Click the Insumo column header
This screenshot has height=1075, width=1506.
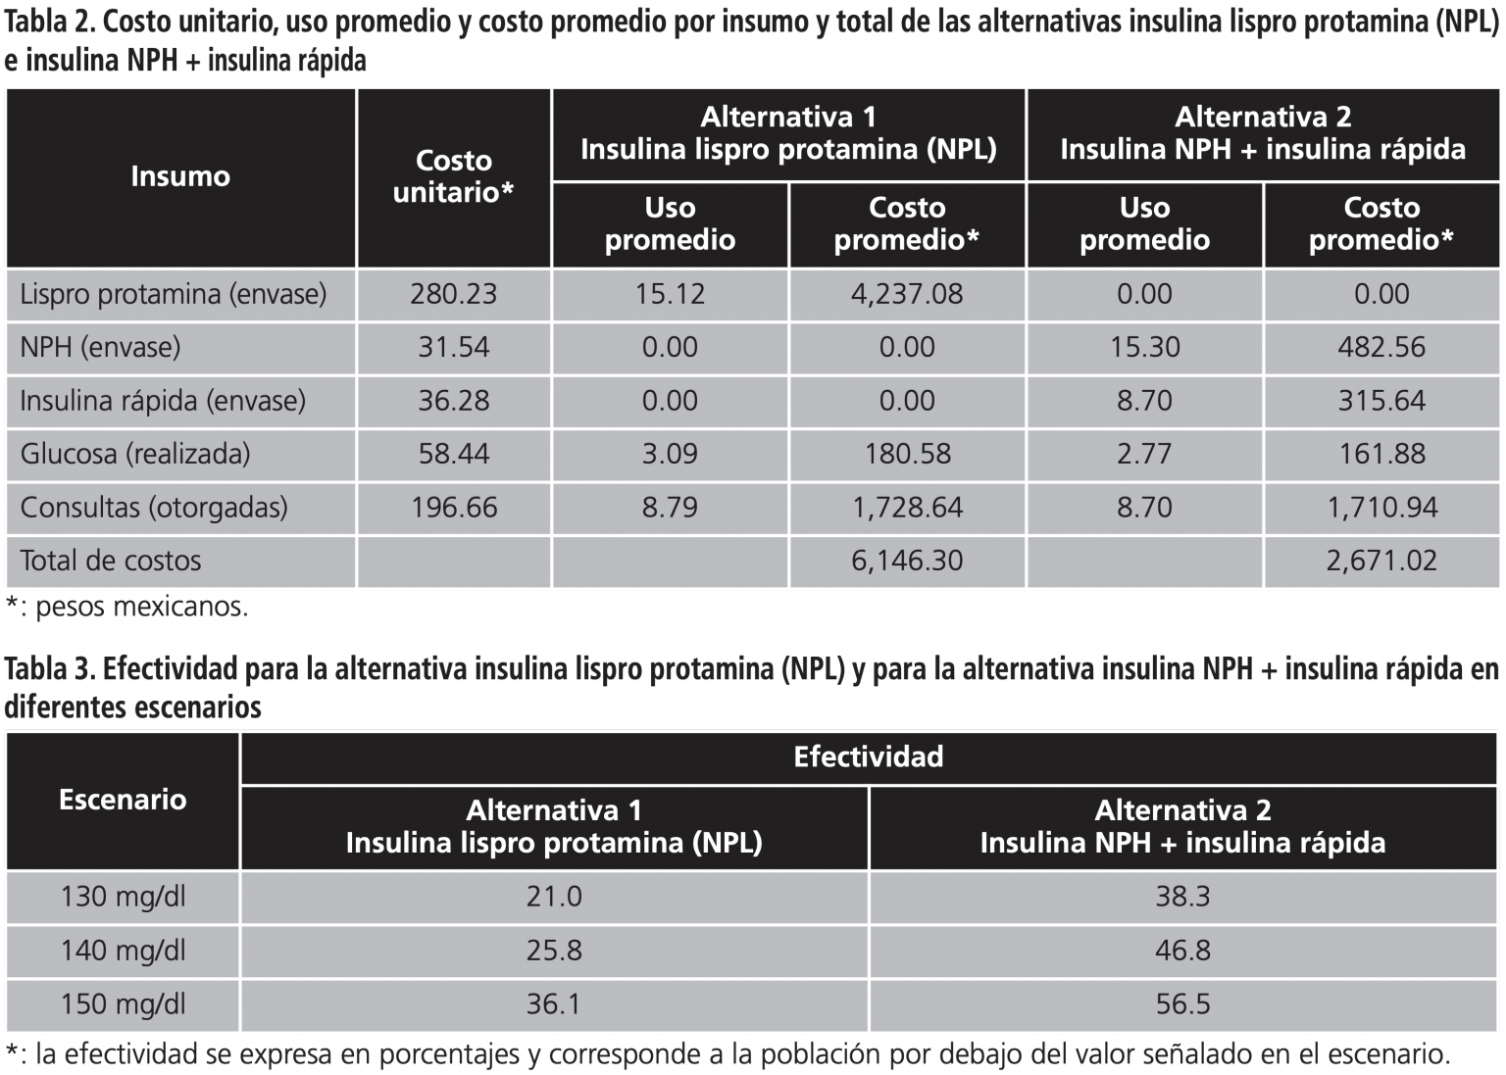(x=180, y=176)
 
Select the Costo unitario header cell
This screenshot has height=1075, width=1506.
(x=453, y=176)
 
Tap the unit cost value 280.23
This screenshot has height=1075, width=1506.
(x=453, y=294)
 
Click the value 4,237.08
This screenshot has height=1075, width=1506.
(x=907, y=294)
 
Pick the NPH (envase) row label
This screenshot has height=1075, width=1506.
(x=100, y=347)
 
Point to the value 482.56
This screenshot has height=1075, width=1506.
(x=1381, y=347)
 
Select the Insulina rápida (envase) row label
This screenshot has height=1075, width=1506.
(x=163, y=401)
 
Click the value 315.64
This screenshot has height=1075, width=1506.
(x=1381, y=401)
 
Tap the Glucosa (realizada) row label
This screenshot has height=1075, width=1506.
(x=135, y=454)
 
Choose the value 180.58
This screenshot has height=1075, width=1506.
(x=907, y=454)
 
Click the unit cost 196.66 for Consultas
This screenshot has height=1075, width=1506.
(x=454, y=508)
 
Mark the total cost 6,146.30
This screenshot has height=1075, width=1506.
(x=907, y=561)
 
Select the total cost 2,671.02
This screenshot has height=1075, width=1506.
(x=1381, y=561)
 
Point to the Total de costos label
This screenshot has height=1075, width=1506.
(x=111, y=561)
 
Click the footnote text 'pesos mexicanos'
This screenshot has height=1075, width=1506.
(x=141, y=607)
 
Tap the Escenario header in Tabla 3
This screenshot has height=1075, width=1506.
(x=123, y=800)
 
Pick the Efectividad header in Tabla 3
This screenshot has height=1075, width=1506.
(x=869, y=757)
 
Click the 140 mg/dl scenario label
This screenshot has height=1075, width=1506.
(x=123, y=951)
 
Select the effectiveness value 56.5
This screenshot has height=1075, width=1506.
(x=1182, y=1004)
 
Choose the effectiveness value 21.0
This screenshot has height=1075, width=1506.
(x=554, y=897)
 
